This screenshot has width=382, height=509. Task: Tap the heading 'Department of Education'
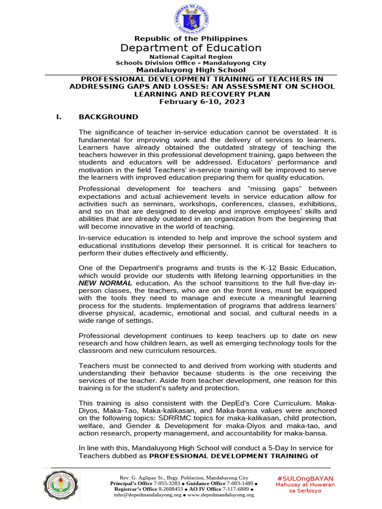tap(191, 48)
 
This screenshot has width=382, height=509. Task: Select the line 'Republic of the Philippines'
tap(191, 38)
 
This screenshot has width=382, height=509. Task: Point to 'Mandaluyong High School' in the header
tap(191, 70)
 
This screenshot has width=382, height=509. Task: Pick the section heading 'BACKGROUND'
tap(108, 117)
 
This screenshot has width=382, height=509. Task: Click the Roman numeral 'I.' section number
tap(59, 117)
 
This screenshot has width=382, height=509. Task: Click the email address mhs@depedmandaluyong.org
tap(148, 495)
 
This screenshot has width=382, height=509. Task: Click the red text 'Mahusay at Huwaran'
tap(305, 484)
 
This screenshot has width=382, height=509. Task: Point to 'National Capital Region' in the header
tap(191, 57)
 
